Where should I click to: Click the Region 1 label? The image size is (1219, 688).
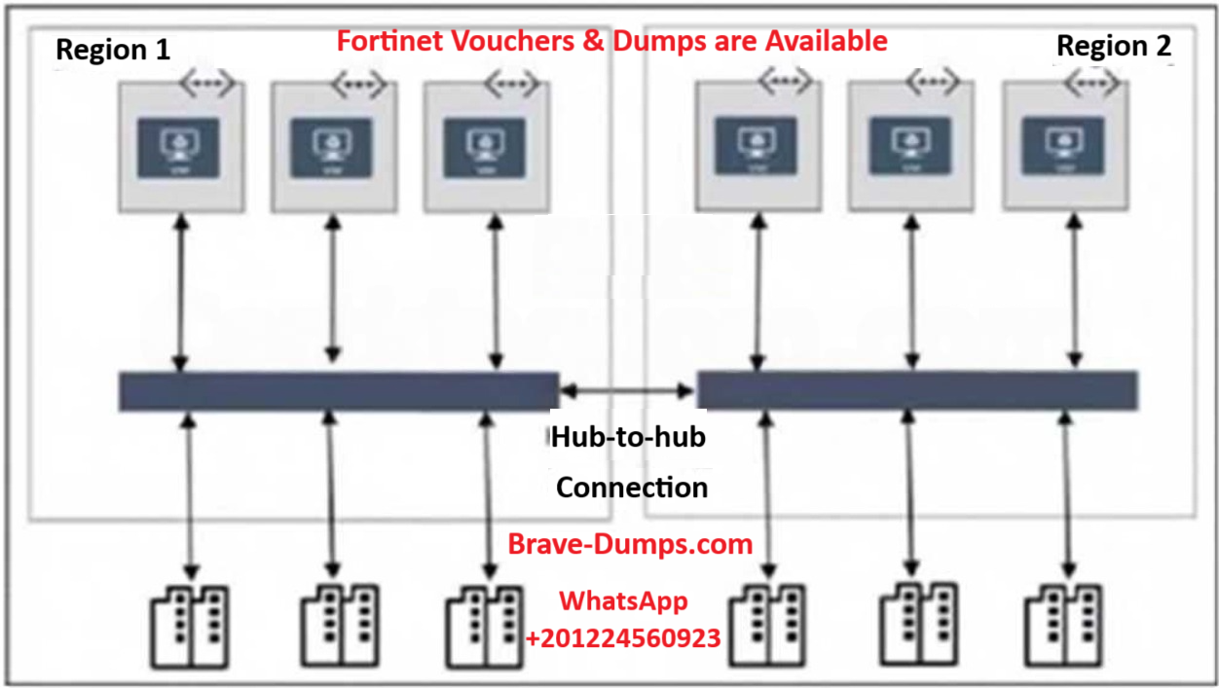pos(113,50)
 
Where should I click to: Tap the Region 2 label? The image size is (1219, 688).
pos(1114,46)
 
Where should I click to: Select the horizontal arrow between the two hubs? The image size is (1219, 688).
pos(627,390)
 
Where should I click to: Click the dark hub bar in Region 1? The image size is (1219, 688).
pos(338,391)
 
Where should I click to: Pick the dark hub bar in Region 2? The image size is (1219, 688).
pos(917,389)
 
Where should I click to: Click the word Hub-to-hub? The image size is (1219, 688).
pos(628,437)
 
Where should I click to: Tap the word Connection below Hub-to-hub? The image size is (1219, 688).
pos(632,487)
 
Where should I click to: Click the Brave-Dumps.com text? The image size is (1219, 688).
pos(630,544)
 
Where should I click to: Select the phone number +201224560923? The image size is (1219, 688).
pos(623,638)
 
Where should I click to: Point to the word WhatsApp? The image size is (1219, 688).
pos(623,601)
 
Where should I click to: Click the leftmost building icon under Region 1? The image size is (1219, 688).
pos(191,627)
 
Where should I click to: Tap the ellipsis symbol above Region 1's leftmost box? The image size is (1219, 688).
pos(205,84)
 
